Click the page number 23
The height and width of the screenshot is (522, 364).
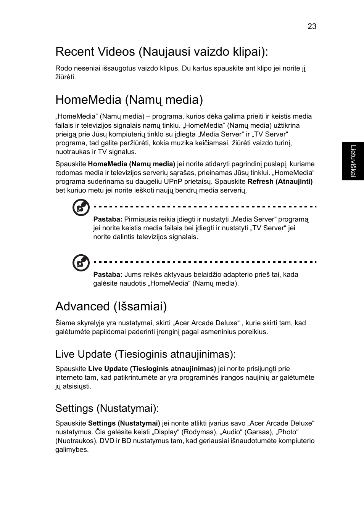tap(312, 26)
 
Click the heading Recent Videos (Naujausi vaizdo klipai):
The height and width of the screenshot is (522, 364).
tap(161, 51)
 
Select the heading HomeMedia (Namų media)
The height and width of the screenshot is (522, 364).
tap(129, 100)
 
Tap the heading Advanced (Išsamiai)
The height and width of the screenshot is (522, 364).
tap(111, 306)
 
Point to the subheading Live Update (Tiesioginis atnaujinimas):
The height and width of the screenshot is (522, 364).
tap(145, 354)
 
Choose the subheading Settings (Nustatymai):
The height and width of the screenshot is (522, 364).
tap(107, 408)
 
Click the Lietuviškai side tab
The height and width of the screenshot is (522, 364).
tap(353, 161)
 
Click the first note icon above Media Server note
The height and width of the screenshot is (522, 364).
tap(81, 207)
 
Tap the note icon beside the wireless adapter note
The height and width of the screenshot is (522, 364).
tap(81, 263)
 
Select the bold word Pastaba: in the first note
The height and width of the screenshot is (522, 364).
tap(108, 219)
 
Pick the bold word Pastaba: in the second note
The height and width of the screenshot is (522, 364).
tap(108, 275)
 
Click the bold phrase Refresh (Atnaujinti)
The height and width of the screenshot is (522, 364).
tap(280, 181)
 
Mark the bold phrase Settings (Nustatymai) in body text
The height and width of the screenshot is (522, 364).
tap(124, 423)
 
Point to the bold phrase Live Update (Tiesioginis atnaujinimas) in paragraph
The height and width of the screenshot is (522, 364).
tap(152, 369)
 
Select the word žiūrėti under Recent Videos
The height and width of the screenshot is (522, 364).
tap(65, 77)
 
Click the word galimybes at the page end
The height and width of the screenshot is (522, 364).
tap(72, 450)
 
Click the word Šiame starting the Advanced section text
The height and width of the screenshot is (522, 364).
tap(65, 323)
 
